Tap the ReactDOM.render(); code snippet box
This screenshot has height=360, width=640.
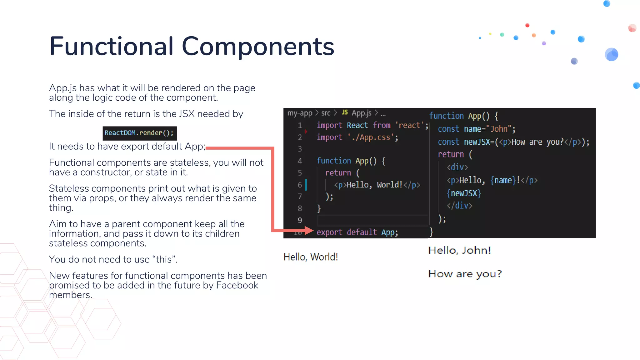139,133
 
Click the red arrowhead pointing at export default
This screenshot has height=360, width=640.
309,231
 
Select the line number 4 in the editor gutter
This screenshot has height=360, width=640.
300,161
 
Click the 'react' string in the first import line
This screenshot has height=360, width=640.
409,125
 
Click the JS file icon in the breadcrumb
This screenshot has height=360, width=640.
345,112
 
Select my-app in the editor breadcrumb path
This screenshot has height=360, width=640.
300,113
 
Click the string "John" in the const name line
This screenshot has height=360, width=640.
499,129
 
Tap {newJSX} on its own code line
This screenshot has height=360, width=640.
464,193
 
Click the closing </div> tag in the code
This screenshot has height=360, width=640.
459,206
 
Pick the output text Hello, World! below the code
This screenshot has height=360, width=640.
311,257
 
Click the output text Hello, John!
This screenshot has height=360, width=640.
459,250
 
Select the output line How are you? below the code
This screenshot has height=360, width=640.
465,274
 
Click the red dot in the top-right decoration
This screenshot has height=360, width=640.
527,25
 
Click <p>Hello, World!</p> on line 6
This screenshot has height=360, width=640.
377,185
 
